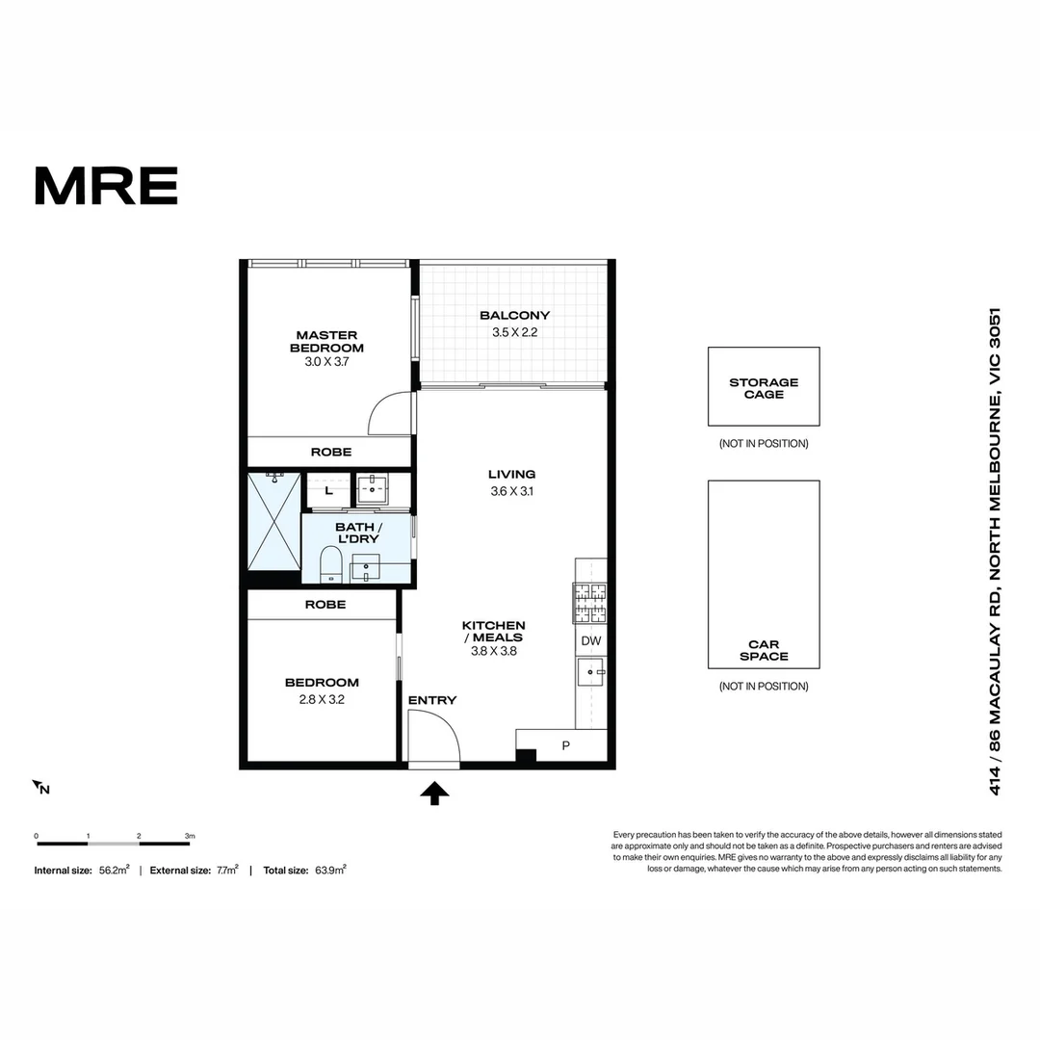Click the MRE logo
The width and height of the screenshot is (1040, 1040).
pos(106,186)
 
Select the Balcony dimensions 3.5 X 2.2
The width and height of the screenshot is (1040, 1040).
pos(514,332)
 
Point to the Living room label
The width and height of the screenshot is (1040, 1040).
pos(511,474)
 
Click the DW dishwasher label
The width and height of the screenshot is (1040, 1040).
pos(590,641)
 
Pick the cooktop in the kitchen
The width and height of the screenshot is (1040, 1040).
pos(590,605)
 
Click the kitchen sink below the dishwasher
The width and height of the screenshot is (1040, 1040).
pos(589,672)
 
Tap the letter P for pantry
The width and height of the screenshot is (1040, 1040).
pos(566,746)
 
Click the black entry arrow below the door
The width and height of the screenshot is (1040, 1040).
pos(435,793)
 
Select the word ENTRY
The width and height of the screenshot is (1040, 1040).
pos(432,700)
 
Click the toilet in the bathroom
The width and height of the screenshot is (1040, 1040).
pos(330,563)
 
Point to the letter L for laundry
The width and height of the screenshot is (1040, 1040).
pos(329,491)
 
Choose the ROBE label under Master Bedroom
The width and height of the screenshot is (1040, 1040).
pos(330,452)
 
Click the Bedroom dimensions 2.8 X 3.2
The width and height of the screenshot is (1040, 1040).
pos(322,700)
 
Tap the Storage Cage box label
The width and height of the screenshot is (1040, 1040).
pos(764,388)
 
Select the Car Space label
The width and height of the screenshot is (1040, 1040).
pos(764,650)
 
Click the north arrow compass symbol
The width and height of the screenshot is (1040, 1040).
pos(41,788)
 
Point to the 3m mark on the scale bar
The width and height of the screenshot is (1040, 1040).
pos(190,836)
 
